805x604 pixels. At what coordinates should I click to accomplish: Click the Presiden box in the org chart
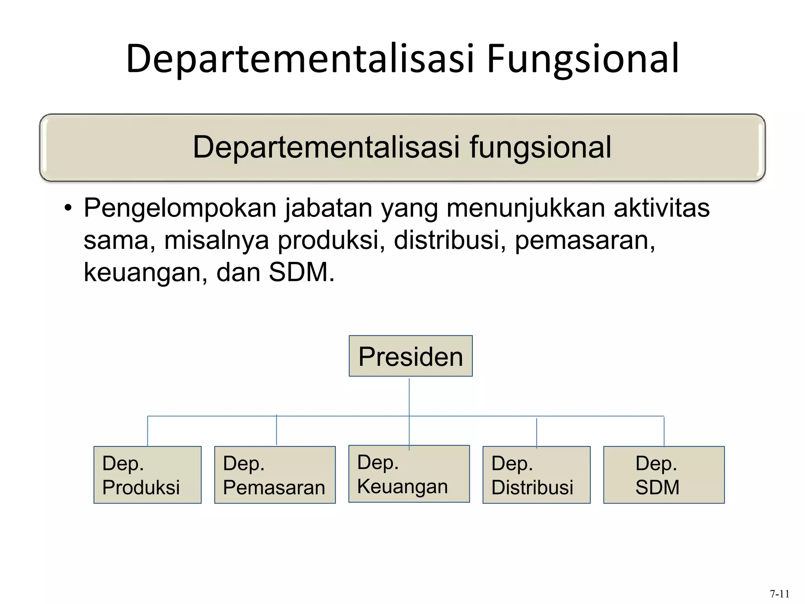(410, 356)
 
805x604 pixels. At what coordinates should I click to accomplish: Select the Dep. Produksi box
(147, 475)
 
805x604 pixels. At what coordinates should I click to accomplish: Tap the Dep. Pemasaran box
(275, 475)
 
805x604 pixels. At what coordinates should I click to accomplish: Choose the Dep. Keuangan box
(409, 474)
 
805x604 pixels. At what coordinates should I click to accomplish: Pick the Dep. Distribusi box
(536, 475)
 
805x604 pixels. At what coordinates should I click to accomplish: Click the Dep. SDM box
(663, 475)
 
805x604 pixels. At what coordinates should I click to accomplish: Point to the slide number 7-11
(779, 593)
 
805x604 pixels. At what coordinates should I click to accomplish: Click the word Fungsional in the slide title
(583, 59)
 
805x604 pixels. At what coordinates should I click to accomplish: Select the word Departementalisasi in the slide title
(300, 59)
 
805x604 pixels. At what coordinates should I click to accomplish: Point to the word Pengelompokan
(180, 208)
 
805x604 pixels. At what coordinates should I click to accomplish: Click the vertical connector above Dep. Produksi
(147, 431)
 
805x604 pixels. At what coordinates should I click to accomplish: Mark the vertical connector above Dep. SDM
(664, 431)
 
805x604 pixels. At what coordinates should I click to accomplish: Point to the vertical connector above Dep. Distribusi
(537, 433)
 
